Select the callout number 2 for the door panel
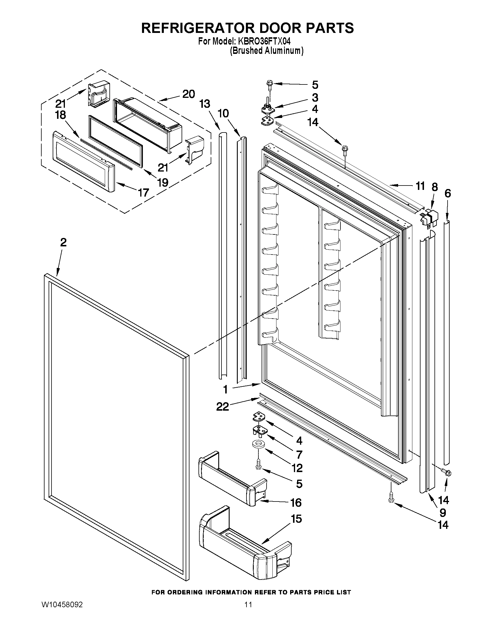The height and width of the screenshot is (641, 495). (x=63, y=242)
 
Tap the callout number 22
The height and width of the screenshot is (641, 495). (x=223, y=407)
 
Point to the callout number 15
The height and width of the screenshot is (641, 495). (x=297, y=519)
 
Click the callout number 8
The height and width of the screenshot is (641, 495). (x=434, y=187)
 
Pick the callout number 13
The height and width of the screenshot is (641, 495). (x=205, y=104)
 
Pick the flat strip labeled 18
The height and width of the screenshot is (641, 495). (x=106, y=153)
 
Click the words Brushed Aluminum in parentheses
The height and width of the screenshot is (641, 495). (x=266, y=51)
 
